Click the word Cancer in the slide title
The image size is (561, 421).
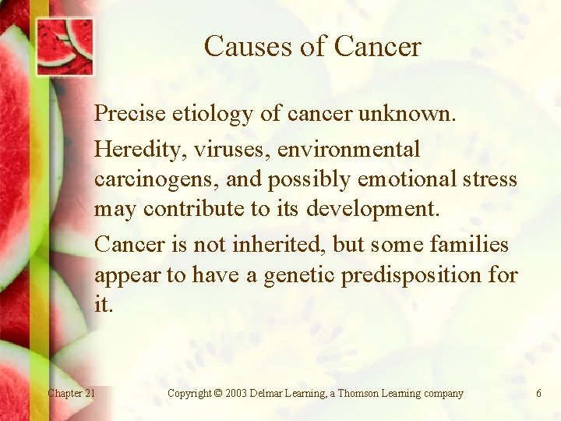click(x=377, y=47)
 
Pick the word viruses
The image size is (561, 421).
click(x=205, y=148)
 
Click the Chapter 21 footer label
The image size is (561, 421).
click(x=72, y=393)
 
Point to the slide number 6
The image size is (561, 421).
click(x=538, y=393)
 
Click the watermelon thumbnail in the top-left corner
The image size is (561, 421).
click(x=65, y=45)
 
